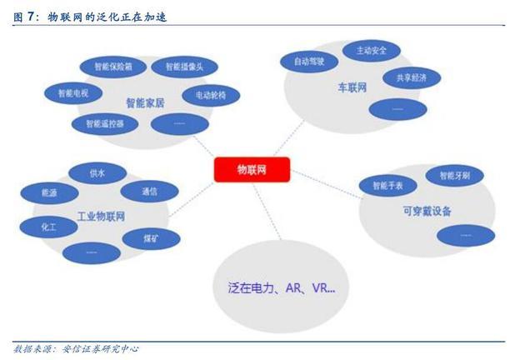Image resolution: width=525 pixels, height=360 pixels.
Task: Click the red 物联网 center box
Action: pos(252,169)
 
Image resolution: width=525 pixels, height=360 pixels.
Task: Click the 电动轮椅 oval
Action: pos(210,95)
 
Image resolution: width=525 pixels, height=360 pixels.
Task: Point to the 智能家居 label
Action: pos(143,104)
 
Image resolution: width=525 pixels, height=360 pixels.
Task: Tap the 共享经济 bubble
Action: pos(405,77)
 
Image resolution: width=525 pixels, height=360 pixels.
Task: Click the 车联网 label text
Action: pos(352,87)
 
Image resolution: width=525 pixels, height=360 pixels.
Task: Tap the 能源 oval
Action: pos(49,192)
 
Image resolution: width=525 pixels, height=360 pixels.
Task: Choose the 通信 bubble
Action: pos(150,192)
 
